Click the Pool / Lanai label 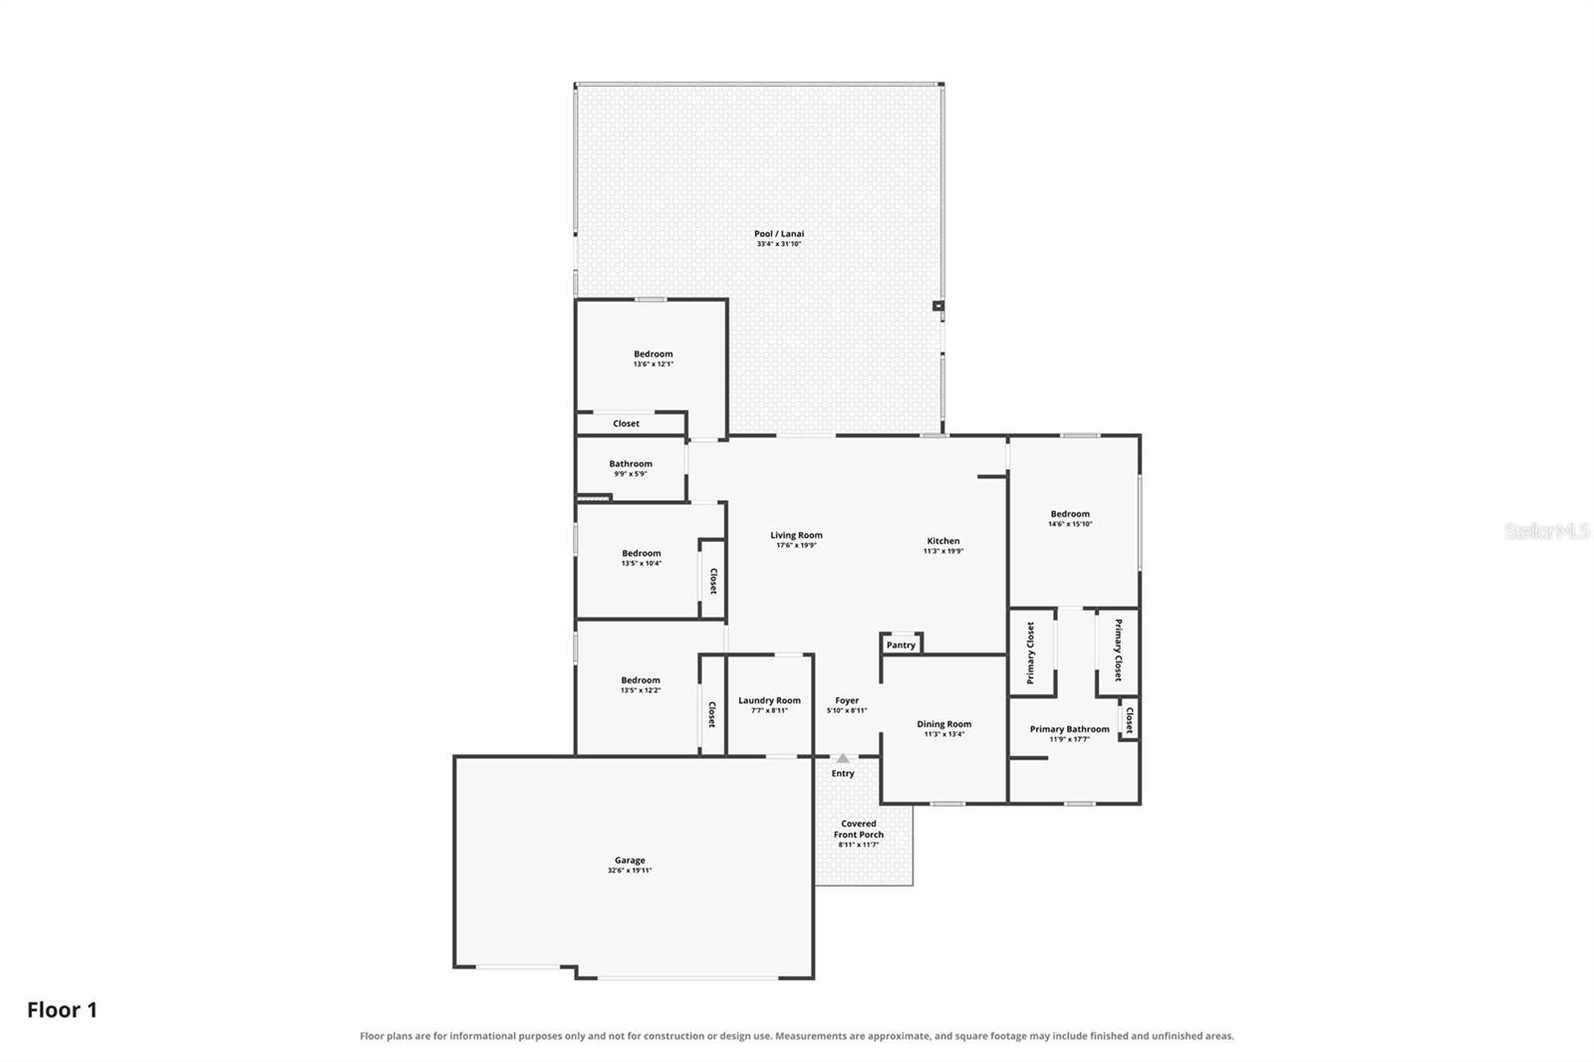tap(779, 233)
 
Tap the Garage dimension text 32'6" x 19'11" tap(630, 870)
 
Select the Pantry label tap(901, 645)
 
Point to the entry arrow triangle tap(843, 758)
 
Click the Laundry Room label tap(769, 700)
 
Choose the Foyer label tap(847, 700)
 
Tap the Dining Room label tap(943, 724)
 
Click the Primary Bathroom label tap(1070, 729)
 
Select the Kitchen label tap(942, 541)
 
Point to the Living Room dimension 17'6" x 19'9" tap(796, 545)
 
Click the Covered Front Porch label tap(859, 829)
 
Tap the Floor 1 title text tap(62, 1010)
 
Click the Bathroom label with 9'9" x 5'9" tap(631, 463)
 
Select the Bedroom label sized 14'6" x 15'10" tap(1070, 514)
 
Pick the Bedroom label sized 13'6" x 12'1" tap(654, 354)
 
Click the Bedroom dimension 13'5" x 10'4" tap(642, 563)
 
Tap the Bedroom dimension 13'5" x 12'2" tap(641, 689)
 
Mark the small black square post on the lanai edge tap(938, 306)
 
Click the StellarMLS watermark tap(1547, 531)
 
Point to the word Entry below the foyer tap(843, 773)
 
